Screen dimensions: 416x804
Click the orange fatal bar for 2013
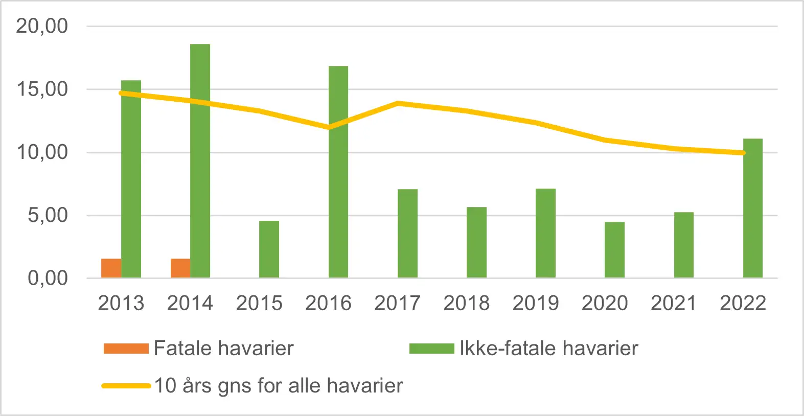111,268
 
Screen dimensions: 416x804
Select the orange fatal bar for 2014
180,268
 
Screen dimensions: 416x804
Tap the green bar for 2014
200,161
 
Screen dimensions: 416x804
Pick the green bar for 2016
338,172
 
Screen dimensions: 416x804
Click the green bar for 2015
269,249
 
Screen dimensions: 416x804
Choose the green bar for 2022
753,209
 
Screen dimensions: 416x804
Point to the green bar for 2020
614,250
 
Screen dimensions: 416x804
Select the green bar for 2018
476,242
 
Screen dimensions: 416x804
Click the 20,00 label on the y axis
42,26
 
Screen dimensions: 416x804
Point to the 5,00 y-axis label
48,215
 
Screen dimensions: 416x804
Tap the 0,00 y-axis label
48,279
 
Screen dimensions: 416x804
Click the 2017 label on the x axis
397,303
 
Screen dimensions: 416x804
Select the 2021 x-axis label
674,303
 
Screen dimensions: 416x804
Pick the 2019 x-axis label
536,303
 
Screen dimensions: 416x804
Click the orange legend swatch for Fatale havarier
126,349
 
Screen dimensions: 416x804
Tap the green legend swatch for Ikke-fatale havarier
431,349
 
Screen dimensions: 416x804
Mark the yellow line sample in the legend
126,386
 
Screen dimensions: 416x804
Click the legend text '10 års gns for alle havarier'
279,386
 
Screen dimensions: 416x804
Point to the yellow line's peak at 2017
398,103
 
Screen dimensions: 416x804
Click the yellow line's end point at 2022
743,153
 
